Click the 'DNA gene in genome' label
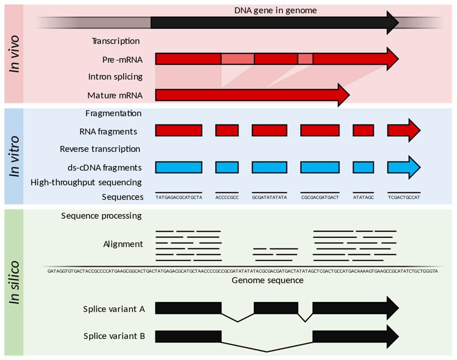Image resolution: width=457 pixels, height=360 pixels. (x=275, y=11)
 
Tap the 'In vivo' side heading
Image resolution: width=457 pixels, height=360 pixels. (x=14, y=54)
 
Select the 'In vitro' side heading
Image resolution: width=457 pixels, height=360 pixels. (x=14, y=156)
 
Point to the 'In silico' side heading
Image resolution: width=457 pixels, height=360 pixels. (x=14, y=282)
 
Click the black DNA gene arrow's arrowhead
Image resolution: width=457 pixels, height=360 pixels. (x=392, y=22)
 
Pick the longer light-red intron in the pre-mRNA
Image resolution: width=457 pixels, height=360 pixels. (x=238, y=59)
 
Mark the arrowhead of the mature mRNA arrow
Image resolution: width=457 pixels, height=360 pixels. (x=343, y=95)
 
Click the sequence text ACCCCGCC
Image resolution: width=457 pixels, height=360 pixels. (x=227, y=198)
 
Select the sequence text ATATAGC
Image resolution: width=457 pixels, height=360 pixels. (x=363, y=198)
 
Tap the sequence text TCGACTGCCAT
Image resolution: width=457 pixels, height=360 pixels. (x=404, y=198)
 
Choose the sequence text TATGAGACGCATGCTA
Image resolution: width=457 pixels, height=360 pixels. (x=179, y=198)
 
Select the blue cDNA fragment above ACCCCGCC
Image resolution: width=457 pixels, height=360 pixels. (x=227, y=167)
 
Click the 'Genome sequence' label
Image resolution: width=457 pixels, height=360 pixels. (x=268, y=281)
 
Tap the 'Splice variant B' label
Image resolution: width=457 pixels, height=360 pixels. (x=114, y=336)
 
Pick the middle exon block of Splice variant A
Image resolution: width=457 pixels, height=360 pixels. (x=276, y=308)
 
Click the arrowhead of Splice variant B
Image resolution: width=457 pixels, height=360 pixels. (x=392, y=337)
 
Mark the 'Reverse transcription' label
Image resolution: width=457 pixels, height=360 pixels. (x=100, y=149)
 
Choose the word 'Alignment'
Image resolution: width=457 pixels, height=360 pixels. (x=123, y=244)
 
